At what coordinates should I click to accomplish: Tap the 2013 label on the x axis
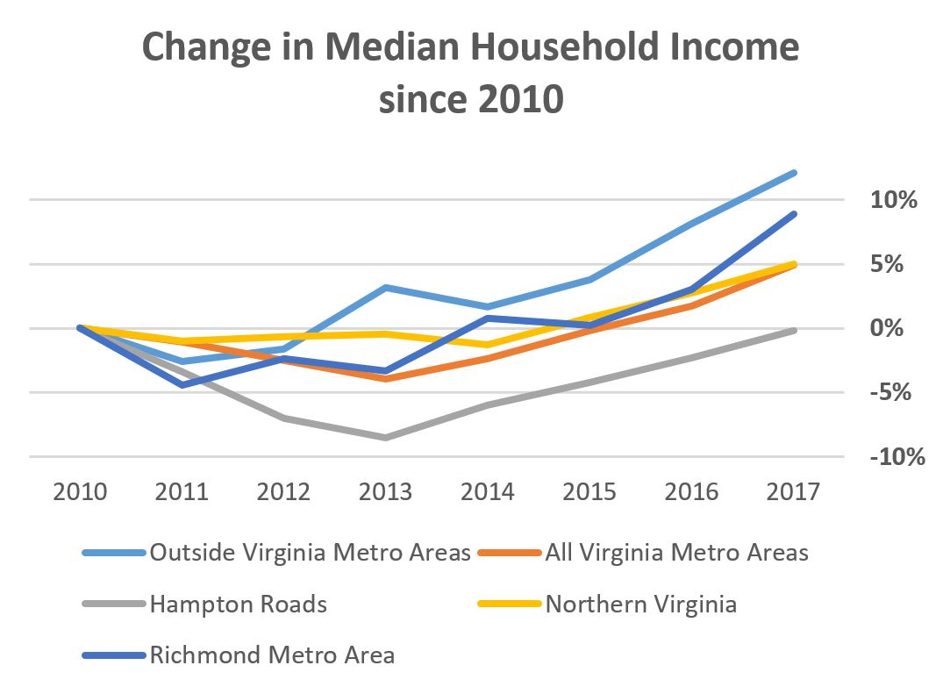click(386, 491)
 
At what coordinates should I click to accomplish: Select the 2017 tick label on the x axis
click(794, 491)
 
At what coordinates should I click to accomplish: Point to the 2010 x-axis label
click(81, 491)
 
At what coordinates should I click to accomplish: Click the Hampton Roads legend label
click(239, 604)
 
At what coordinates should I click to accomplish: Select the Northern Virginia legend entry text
click(640, 604)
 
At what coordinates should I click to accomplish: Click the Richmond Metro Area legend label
click(272, 655)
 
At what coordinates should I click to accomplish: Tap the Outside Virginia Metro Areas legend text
click(311, 552)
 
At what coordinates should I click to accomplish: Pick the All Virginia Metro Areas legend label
click(676, 552)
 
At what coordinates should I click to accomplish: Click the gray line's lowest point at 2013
click(386, 437)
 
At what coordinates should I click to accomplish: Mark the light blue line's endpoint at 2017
click(794, 173)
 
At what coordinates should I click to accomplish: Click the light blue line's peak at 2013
click(386, 288)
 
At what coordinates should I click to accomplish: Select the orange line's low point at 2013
click(386, 379)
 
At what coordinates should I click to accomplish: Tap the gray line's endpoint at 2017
click(794, 330)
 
